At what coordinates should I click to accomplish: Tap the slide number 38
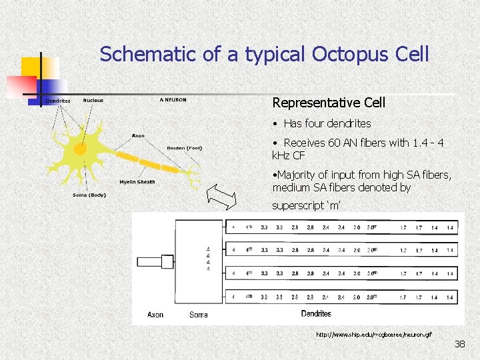pos(459,344)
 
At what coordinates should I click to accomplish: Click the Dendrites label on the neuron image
pos(58,101)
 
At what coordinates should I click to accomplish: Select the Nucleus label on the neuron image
pos(93,101)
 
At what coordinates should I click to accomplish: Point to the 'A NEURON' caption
pos(173,100)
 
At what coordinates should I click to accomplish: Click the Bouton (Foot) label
pos(184,147)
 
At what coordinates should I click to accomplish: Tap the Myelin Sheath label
pos(137,181)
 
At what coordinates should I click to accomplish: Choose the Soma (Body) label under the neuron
pos(89,195)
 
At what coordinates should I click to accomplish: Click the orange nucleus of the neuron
pos(80,149)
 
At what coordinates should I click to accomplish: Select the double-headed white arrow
pos(222,197)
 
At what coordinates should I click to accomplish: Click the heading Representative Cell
pos(329,103)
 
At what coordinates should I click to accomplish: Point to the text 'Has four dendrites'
pos(327,123)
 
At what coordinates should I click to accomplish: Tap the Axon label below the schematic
pos(155,315)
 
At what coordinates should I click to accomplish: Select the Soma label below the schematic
pos(198,315)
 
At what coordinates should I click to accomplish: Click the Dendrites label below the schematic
pos(315,313)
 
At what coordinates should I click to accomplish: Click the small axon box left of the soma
pos(167,261)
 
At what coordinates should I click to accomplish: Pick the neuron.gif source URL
pos(373,334)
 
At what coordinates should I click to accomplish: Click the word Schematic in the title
pos(148,54)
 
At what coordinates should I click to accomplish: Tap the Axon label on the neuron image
pos(138,136)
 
